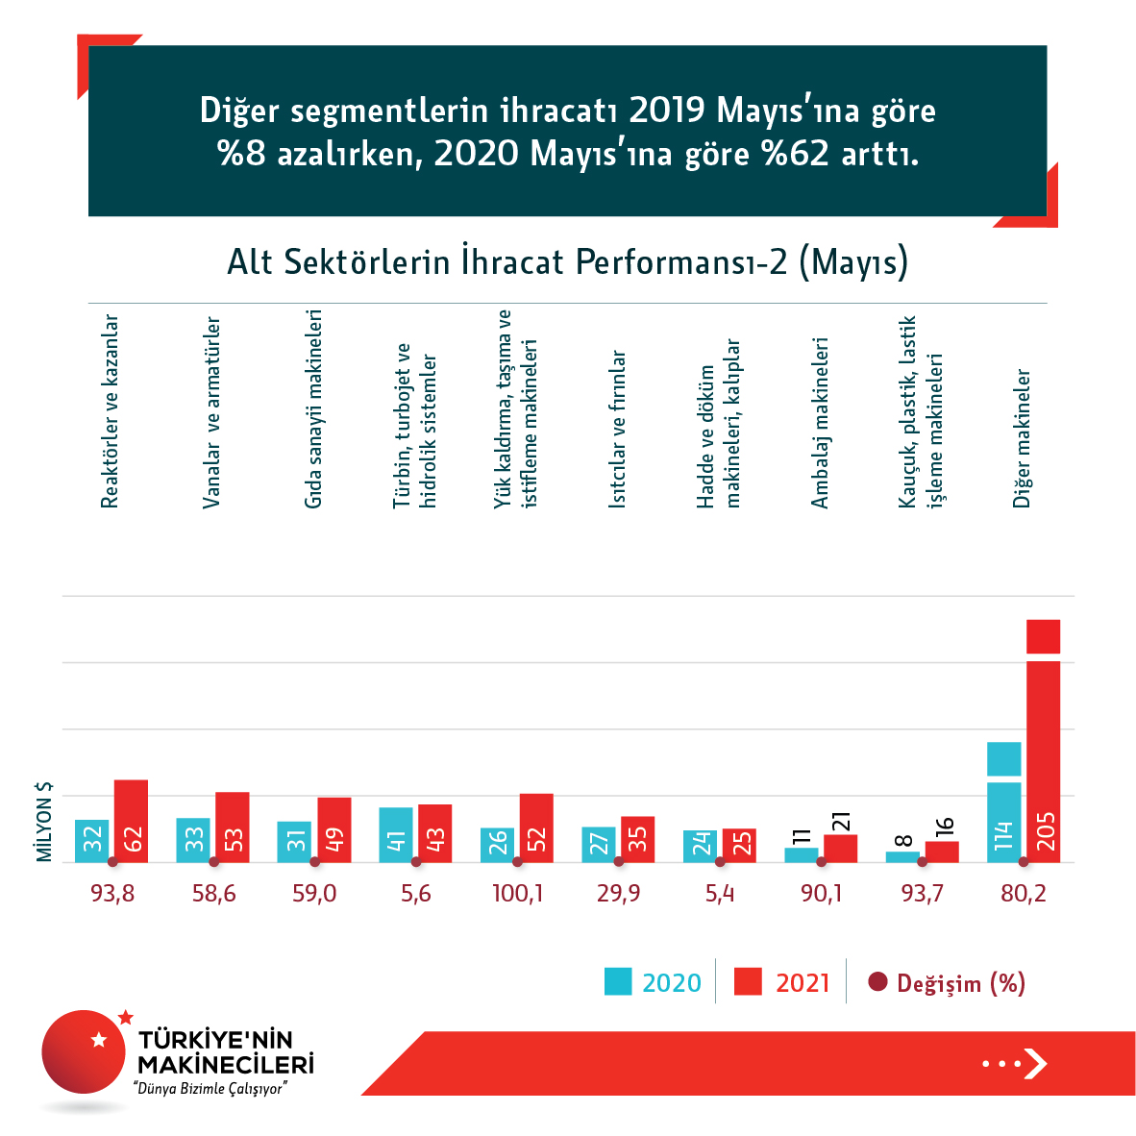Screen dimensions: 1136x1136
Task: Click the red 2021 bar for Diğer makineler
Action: pos(1043,750)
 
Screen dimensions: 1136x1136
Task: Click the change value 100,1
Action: pos(517,894)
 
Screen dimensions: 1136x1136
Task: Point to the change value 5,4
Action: pos(720,894)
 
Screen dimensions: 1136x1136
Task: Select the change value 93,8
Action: pos(112,894)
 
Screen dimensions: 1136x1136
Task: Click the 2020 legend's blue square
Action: pos(618,981)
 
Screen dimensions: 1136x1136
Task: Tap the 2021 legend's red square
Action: pos(748,981)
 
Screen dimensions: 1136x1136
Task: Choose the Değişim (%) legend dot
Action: pos(877,981)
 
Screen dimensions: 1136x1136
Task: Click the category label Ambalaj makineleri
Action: pos(820,423)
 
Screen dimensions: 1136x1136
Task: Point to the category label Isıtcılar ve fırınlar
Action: pos(618,429)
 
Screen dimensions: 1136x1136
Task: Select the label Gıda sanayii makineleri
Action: pos(313,409)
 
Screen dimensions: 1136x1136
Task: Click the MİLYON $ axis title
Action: pos(44,821)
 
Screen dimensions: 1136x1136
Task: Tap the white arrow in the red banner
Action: pos(1035,1064)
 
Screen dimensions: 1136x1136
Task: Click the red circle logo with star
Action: pos(84,1051)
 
